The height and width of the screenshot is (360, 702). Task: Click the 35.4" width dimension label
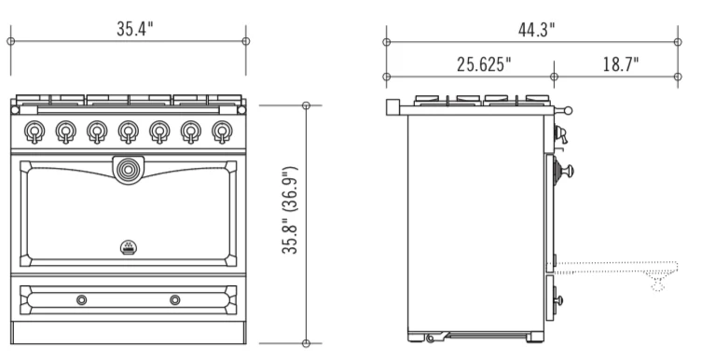point(135,29)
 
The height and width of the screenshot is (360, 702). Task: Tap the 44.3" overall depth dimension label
point(536,30)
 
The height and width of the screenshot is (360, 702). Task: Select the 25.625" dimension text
point(484,64)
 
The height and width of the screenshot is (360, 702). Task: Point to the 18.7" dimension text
point(621,64)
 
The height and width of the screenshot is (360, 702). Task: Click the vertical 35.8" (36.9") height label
point(290,211)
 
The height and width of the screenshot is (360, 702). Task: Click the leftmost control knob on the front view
point(34,132)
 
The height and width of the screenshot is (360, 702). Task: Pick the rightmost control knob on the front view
point(222,132)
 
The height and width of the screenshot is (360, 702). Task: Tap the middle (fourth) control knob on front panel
point(129,132)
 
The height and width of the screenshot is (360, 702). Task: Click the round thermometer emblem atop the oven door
point(129,170)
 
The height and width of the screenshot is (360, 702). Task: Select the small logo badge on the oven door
point(129,247)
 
